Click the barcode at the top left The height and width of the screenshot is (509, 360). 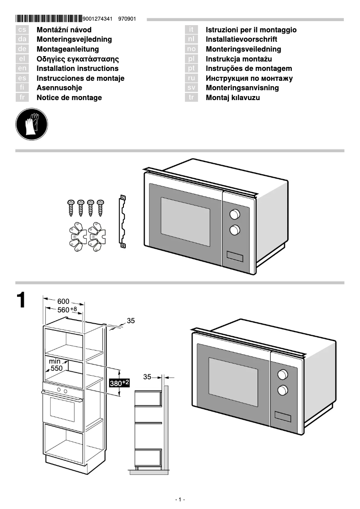coord(49,19)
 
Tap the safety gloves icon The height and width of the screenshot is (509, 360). coord(31,124)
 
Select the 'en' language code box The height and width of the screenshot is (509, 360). coord(22,69)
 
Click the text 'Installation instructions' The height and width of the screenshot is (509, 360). coord(77,69)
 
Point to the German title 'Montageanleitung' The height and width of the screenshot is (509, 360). coord(67,49)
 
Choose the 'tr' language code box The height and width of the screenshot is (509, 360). coord(191,98)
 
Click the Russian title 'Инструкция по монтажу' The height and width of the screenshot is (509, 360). coord(249,79)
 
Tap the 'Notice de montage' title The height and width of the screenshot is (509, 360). coord(69,98)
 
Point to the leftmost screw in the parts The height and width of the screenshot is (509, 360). coord(71,207)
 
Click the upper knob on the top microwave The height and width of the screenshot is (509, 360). coord(235,214)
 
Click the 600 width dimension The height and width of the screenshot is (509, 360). coord(63,301)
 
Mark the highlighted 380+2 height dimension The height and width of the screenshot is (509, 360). coord(119,383)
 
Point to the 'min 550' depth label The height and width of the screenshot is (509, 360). coord(56,364)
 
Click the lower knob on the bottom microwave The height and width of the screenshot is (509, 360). coord(283,390)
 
